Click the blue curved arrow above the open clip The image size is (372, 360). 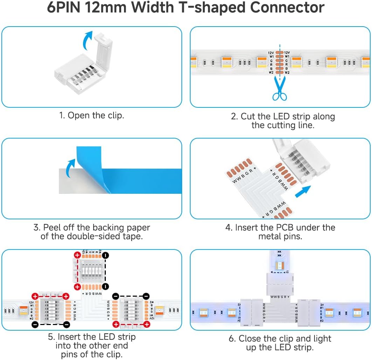point(86,41)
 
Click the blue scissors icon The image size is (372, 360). point(280,89)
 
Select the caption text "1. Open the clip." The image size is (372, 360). point(92,115)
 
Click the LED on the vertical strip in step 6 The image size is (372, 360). point(280,266)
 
